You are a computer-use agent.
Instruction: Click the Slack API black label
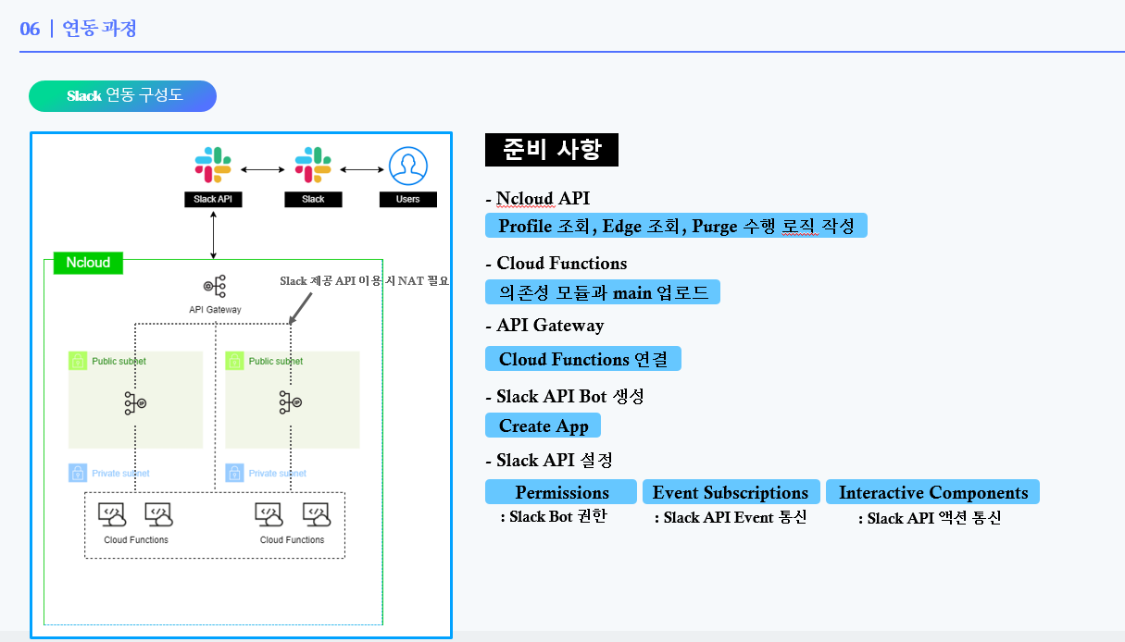coord(213,199)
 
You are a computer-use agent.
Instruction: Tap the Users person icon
coord(407,167)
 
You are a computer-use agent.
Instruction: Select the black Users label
coord(407,199)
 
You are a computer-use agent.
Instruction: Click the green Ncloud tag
coord(88,263)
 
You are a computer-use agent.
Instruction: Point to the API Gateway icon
coord(214,286)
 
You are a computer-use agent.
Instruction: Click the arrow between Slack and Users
coord(362,169)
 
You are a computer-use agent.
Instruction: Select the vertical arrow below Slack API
coord(214,234)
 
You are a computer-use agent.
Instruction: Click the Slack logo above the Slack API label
coord(213,166)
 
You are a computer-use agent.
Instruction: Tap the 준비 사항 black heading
coord(552,149)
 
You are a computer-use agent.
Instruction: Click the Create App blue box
coord(544,426)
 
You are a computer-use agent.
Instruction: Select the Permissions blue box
coord(561,492)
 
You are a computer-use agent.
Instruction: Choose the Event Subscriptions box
coord(731,492)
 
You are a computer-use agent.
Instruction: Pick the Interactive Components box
coord(932,492)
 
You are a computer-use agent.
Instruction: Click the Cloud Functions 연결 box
coord(583,359)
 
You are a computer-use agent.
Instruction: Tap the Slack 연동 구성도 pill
coord(123,96)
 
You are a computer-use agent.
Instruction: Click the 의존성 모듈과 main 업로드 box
coord(603,292)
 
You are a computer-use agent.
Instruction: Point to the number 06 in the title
coord(30,29)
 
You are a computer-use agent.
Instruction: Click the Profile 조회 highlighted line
coord(676,226)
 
